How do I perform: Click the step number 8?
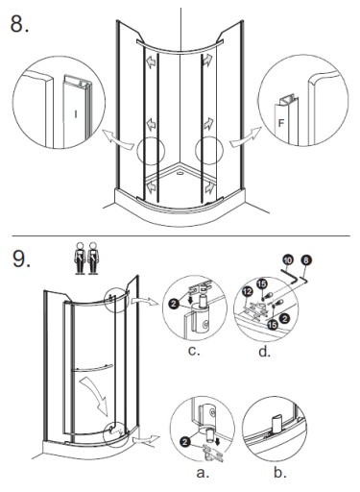(x=19, y=23)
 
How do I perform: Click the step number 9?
(x=21, y=258)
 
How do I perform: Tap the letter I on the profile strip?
(x=76, y=114)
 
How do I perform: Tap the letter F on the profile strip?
(x=281, y=123)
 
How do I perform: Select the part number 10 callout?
(x=288, y=259)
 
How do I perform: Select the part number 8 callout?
(x=306, y=260)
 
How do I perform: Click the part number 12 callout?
(x=248, y=292)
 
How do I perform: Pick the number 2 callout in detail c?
(x=174, y=303)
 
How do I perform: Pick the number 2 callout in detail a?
(x=184, y=442)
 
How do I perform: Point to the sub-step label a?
(x=203, y=473)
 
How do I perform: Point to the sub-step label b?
(x=280, y=472)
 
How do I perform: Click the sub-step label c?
(x=194, y=351)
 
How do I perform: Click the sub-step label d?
(x=264, y=352)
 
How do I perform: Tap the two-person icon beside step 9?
(x=86, y=258)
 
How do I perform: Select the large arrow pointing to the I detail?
(x=117, y=139)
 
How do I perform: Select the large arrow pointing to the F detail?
(x=246, y=138)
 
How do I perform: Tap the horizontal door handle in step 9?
(x=92, y=368)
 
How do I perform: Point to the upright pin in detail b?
(x=276, y=424)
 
